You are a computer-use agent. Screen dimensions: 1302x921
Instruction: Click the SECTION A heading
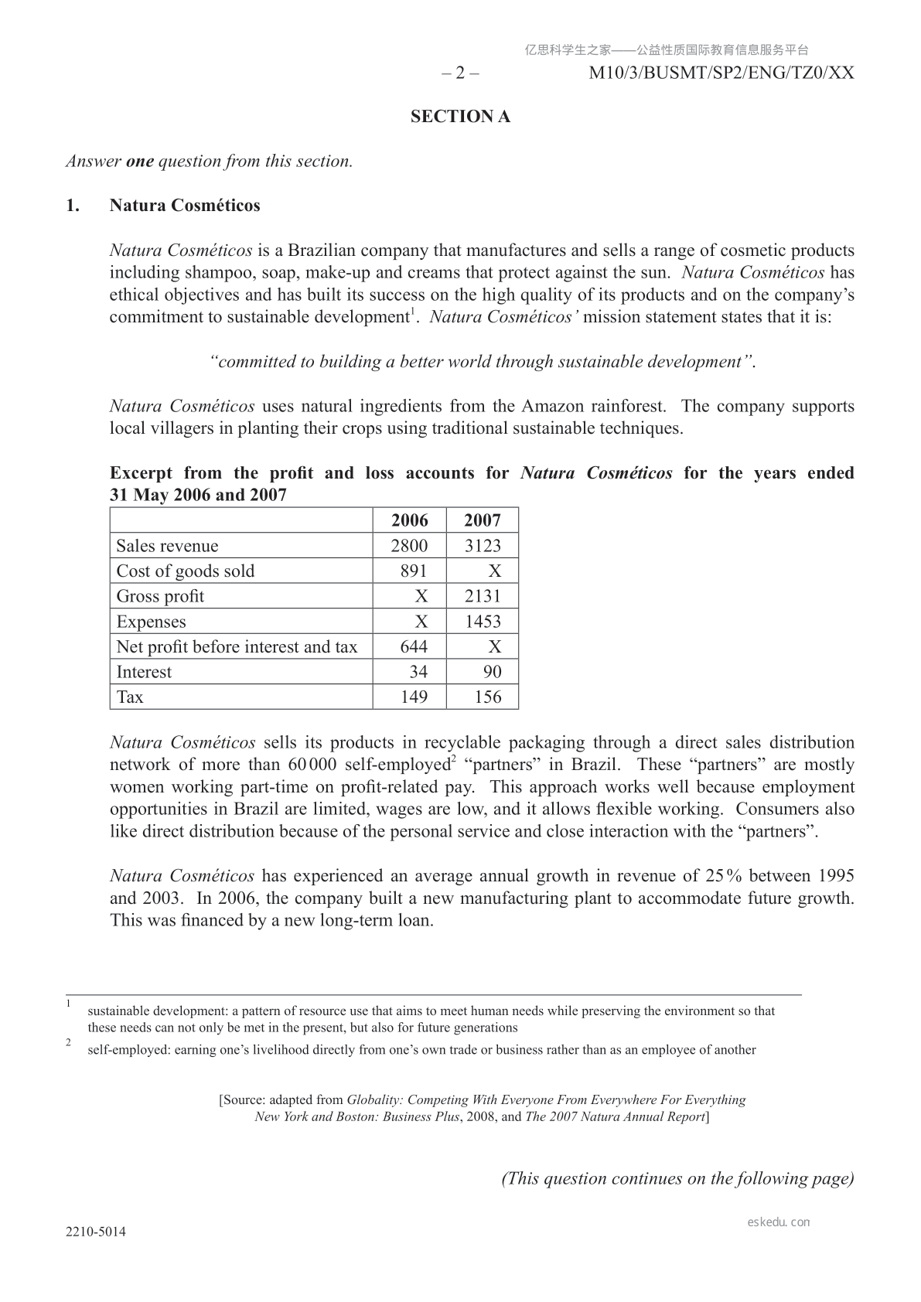point(460,117)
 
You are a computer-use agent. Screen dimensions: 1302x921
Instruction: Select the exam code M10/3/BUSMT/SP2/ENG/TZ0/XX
point(721,73)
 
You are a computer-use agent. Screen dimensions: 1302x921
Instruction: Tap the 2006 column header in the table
point(409,520)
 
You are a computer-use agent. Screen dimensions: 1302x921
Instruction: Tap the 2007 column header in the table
point(483,520)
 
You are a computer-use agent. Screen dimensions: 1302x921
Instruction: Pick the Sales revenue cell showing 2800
point(409,546)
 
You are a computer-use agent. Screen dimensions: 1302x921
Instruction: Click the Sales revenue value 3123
point(483,546)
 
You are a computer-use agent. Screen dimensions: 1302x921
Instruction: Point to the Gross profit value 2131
point(483,596)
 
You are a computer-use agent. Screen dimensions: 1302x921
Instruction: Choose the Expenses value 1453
point(483,622)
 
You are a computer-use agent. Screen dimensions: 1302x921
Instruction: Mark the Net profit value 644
point(414,647)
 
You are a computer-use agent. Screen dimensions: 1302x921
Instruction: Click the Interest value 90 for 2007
point(492,672)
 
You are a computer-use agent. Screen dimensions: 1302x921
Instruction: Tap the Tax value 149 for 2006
point(414,697)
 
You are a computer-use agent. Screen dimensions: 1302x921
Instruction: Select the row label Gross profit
point(160,596)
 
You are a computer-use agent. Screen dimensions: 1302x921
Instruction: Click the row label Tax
point(130,697)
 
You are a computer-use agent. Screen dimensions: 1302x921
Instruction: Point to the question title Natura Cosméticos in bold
point(185,206)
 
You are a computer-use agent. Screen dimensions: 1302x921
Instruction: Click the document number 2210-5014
point(96,1232)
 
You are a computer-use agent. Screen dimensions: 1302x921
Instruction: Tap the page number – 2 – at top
point(460,73)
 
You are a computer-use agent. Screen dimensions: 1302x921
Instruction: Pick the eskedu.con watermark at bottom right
point(779,1222)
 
